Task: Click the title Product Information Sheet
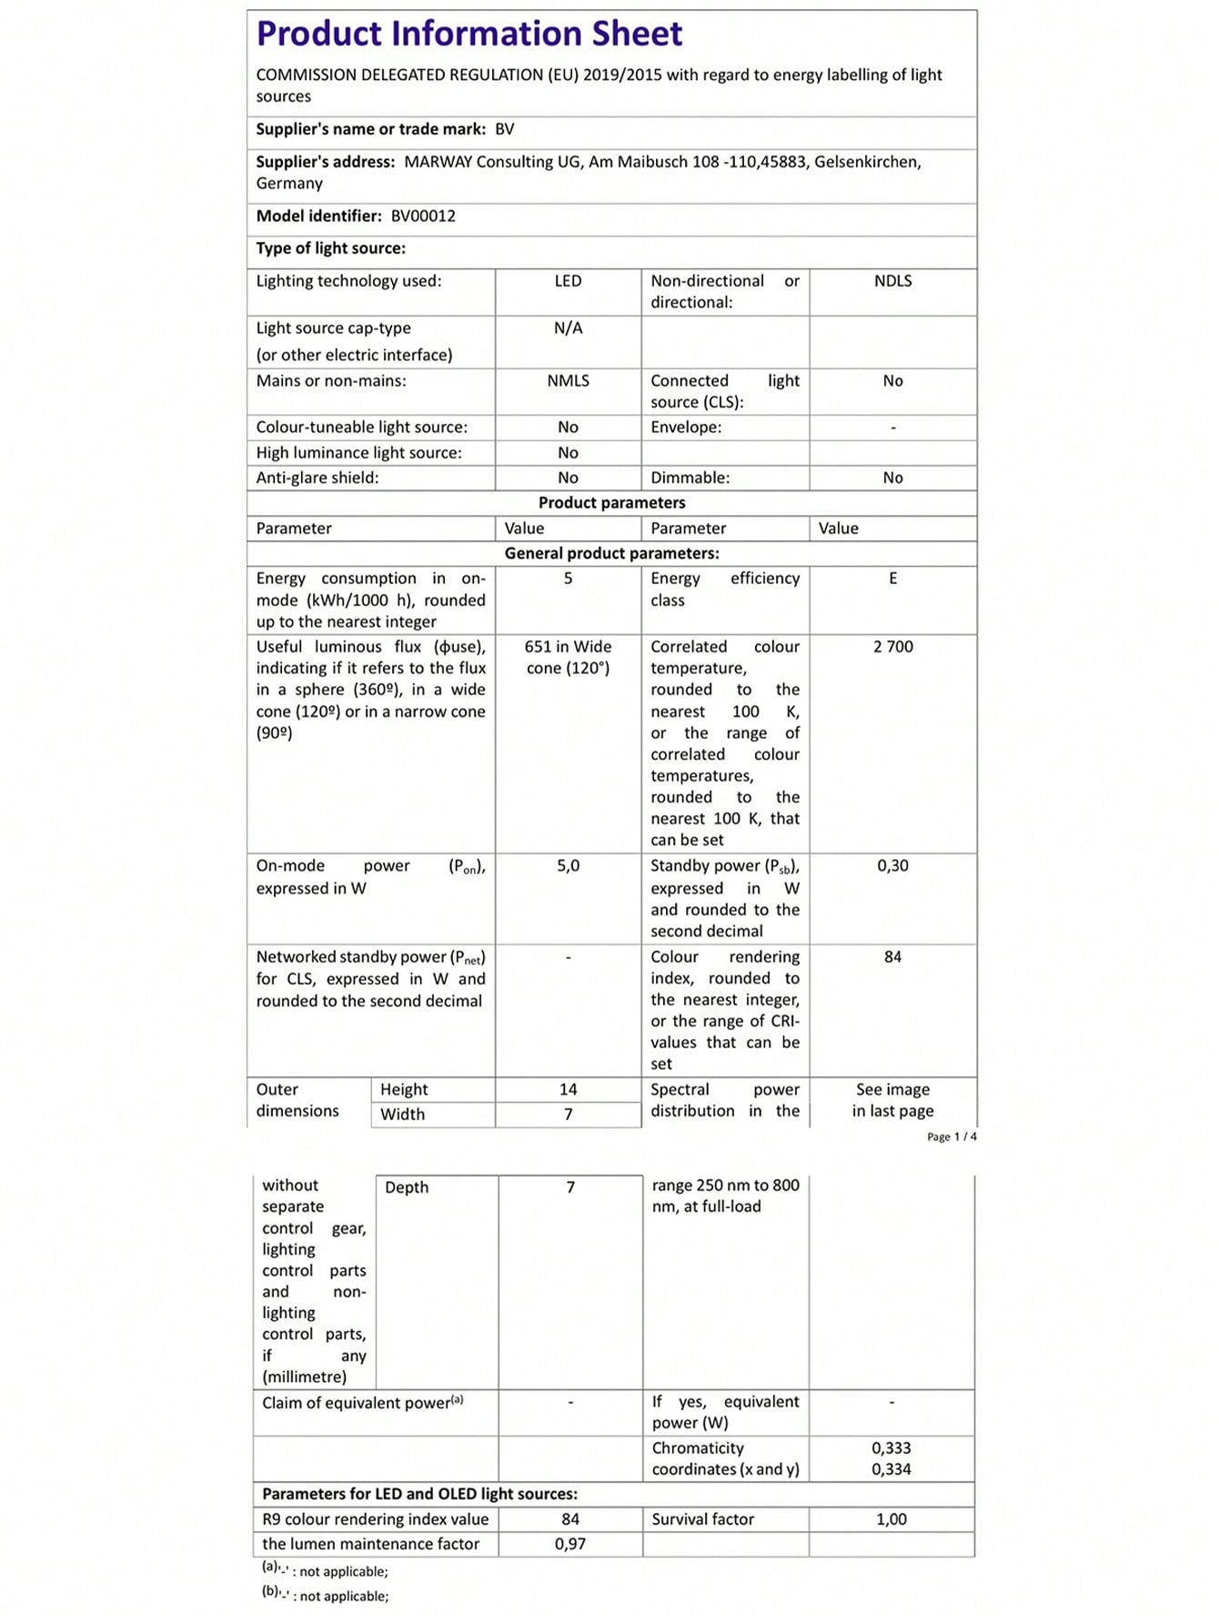coord(468,34)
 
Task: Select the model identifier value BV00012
coord(423,216)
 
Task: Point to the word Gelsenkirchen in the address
coord(867,162)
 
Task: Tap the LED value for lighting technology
coord(568,281)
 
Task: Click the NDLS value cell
coord(892,281)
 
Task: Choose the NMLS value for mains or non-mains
coord(568,381)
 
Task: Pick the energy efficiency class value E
coord(892,579)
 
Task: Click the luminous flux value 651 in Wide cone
coord(568,657)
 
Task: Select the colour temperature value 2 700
coord(892,647)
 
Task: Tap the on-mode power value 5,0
coord(568,866)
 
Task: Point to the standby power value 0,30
coord(892,866)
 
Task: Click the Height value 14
coord(568,1089)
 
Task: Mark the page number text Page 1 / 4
coord(952,1136)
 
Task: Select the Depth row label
coord(406,1187)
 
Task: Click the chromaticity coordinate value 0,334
coord(891,1469)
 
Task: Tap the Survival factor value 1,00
coord(891,1519)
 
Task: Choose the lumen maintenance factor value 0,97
coord(570,1544)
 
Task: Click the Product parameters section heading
coord(611,503)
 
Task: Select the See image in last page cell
coord(892,1100)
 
